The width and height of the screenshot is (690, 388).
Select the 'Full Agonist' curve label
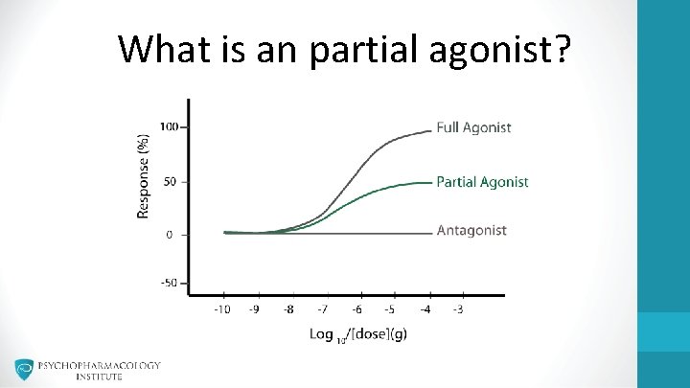point(473,127)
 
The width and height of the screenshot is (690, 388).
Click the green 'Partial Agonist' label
point(482,182)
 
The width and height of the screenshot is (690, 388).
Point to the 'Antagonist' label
point(471,231)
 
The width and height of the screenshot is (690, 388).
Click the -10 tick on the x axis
point(222,308)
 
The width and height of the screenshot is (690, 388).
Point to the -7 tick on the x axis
point(323,308)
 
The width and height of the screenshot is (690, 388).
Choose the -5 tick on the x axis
point(390,308)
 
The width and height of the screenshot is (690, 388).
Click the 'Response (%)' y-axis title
point(144,176)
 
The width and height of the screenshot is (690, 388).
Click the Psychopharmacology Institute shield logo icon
point(24,370)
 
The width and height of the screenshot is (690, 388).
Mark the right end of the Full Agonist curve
point(430,131)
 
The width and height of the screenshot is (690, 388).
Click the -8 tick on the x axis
point(289,308)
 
